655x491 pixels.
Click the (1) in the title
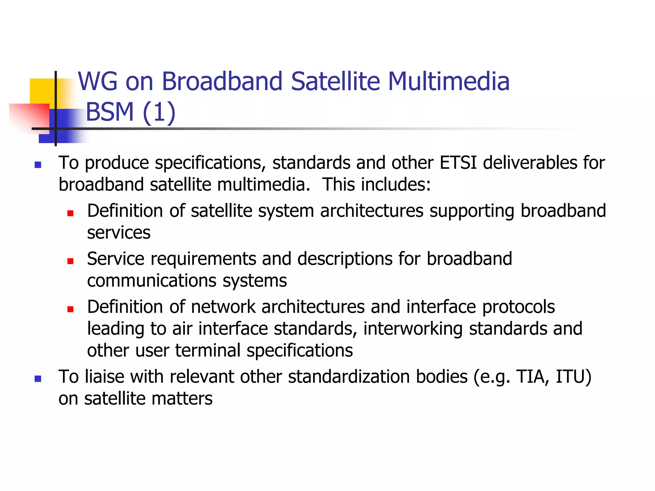[x=159, y=113]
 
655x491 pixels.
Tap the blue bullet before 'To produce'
[x=38, y=165]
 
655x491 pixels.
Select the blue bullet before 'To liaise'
[x=38, y=379]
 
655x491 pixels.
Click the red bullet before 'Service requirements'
[x=70, y=261]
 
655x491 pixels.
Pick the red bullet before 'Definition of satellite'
[x=70, y=213]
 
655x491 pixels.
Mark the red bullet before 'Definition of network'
[x=70, y=309]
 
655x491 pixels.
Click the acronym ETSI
[x=458, y=163]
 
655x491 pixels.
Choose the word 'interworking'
[x=413, y=329]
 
